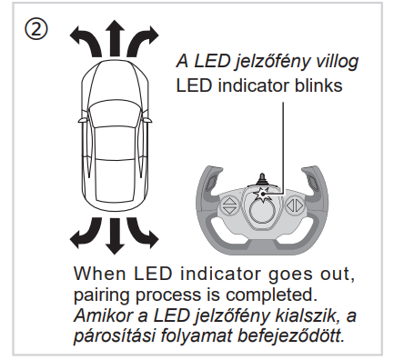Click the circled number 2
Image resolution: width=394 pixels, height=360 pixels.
tap(35, 29)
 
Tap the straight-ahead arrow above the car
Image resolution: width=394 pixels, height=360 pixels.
tap(115, 38)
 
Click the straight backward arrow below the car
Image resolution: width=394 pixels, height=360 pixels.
tap(115, 235)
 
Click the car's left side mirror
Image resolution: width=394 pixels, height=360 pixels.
tap(82, 120)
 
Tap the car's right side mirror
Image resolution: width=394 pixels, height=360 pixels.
tap(147, 120)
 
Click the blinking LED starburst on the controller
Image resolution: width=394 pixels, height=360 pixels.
tap(262, 195)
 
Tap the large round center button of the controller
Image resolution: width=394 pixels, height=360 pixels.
tap(262, 211)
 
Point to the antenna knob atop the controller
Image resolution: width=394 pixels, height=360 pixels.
tap(262, 179)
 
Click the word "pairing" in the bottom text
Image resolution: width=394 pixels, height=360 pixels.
tap(102, 295)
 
